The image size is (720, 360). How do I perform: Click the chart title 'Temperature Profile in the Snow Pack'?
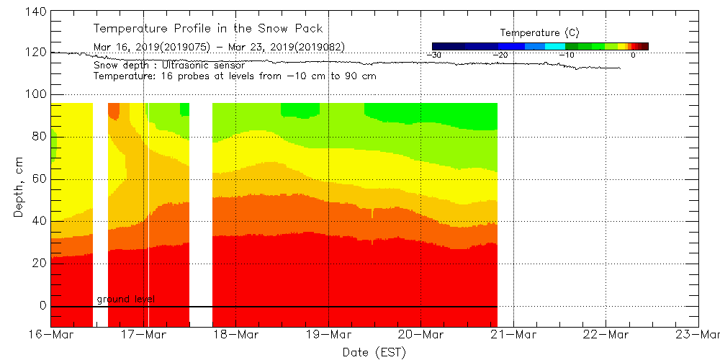tap(208, 29)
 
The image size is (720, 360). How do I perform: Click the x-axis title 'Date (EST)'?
tap(374, 352)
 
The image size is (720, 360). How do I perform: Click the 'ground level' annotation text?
tap(125, 300)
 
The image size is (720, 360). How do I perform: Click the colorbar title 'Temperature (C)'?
tap(539, 33)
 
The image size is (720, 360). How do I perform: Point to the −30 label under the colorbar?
tap(433, 55)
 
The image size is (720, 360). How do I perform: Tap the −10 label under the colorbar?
tap(567, 55)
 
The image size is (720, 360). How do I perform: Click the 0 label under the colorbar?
tap(633, 55)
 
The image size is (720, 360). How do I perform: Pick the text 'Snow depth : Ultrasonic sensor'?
tap(168, 66)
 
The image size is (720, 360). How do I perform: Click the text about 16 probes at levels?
tap(235, 76)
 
